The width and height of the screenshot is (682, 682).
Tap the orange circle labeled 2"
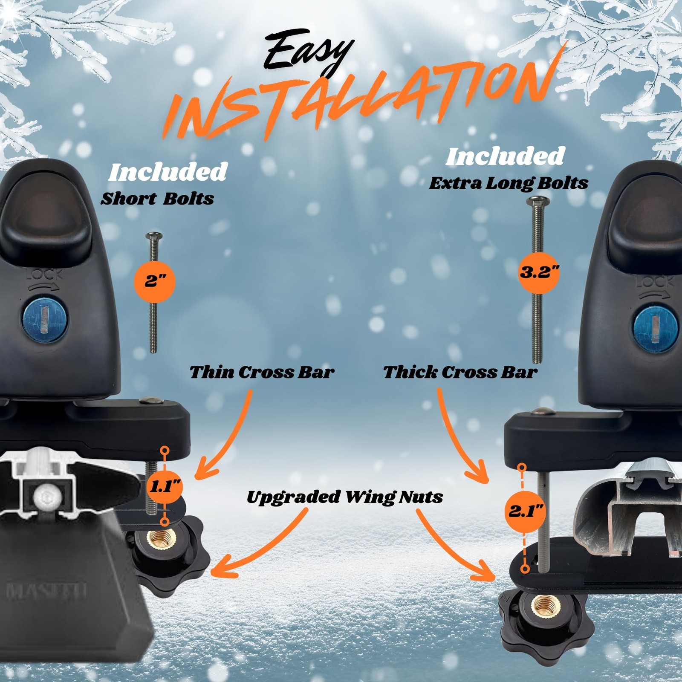click(x=155, y=281)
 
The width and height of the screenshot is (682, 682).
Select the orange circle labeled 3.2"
click(x=539, y=272)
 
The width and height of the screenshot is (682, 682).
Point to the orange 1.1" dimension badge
click(x=165, y=486)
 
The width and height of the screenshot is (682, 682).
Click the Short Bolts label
click(x=157, y=199)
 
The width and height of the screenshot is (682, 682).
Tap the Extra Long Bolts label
click(x=509, y=183)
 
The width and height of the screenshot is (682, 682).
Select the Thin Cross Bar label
click(x=262, y=372)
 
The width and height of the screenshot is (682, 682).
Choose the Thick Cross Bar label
click(x=460, y=372)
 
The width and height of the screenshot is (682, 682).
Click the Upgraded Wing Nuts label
click(x=345, y=497)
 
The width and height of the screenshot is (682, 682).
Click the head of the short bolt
click(x=154, y=236)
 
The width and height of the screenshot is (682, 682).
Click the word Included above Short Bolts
click(x=168, y=172)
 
